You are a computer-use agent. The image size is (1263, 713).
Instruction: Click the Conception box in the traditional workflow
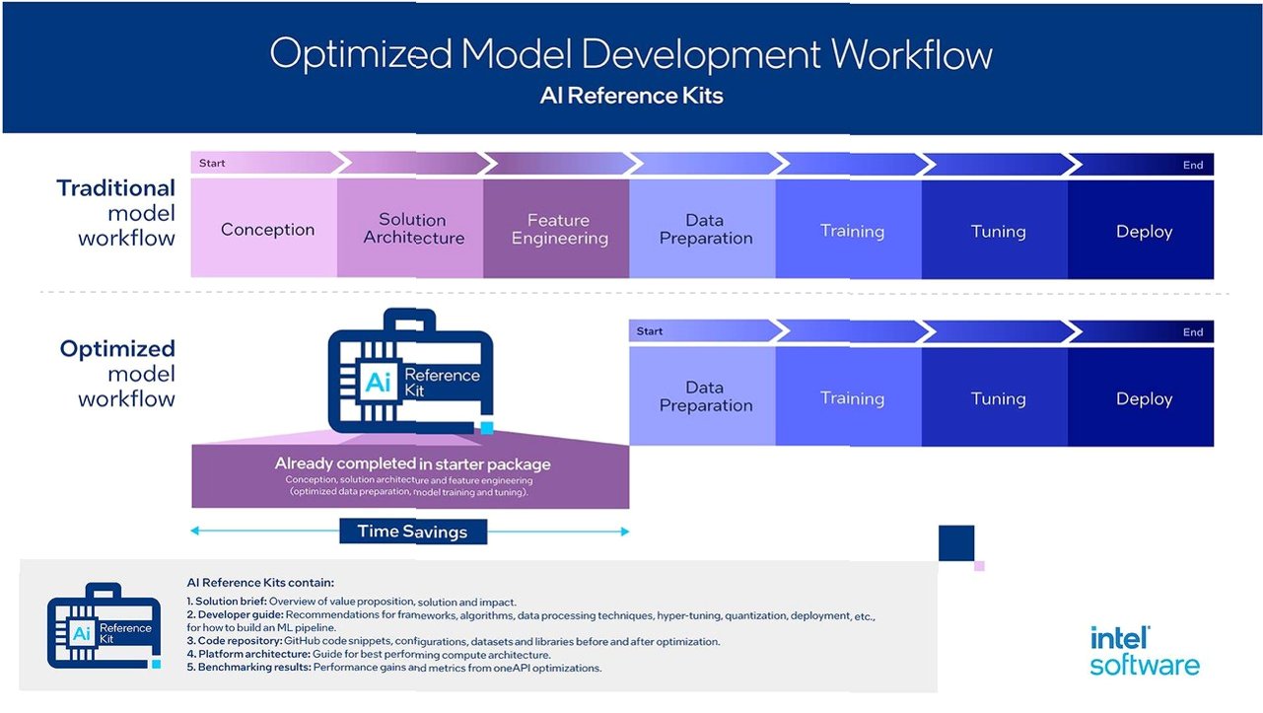pos(267,230)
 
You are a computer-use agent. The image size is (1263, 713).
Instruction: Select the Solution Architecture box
pos(413,229)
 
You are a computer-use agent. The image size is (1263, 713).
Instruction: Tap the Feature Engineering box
pos(559,230)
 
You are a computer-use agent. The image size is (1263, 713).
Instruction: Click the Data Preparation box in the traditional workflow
pos(705,230)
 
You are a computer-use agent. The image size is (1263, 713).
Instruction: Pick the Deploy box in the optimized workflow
pos(1144,398)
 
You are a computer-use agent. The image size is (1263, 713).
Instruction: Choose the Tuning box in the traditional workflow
pos(998,232)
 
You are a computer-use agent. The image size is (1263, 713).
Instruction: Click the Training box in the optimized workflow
pos(852,398)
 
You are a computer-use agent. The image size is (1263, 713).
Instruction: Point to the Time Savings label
pos(411,532)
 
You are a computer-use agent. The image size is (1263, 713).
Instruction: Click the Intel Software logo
pos(1144,651)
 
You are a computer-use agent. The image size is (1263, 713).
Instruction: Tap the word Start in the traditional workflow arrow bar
pos(212,163)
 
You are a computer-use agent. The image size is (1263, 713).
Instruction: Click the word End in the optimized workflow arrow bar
pos(1193,332)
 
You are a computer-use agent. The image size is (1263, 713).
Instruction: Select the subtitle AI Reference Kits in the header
pos(631,96)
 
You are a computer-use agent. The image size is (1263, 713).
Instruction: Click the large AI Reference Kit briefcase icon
pos(410,373)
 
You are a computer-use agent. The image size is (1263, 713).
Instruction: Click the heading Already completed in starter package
pos(412,463)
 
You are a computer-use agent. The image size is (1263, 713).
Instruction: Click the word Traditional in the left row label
pos(115,187)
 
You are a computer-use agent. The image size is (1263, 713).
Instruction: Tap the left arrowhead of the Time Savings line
pos(195,532)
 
